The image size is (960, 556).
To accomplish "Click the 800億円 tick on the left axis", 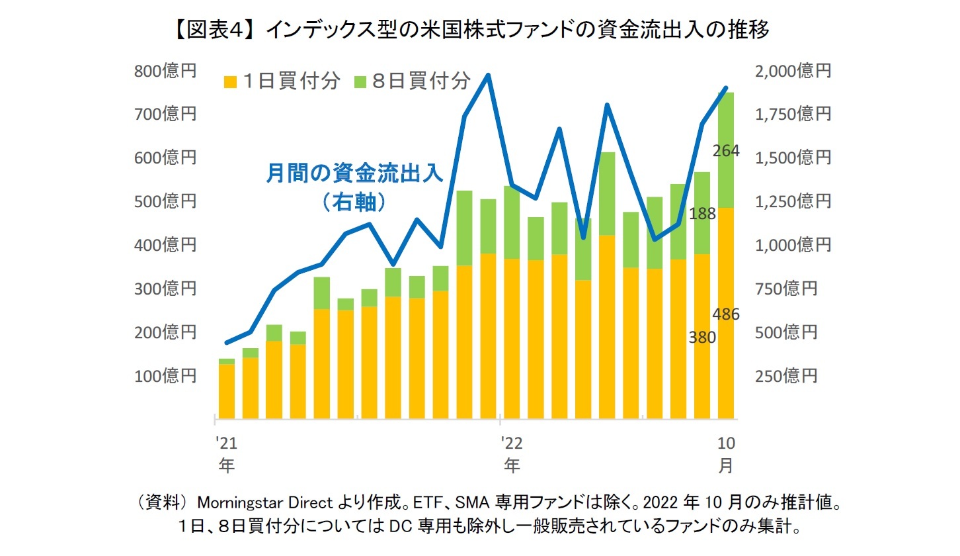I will pos(165,71).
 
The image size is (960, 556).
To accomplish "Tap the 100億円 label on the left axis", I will pos(165,376).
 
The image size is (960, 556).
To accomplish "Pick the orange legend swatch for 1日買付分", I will pos(230,81).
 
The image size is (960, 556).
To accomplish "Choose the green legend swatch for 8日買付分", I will pos(359,81).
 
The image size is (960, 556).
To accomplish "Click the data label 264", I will pos(725,151).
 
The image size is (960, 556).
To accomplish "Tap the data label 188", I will pos(702,213).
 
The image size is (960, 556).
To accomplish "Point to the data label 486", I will pos(726,314).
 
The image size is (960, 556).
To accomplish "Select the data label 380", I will pos(702,338).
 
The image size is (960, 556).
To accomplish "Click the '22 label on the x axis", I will pos(511,442).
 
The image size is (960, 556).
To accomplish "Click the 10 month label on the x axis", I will pos(725,442).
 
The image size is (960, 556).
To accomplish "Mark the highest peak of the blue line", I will pos(488,75).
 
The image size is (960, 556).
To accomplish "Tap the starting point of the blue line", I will pos(227,343).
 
